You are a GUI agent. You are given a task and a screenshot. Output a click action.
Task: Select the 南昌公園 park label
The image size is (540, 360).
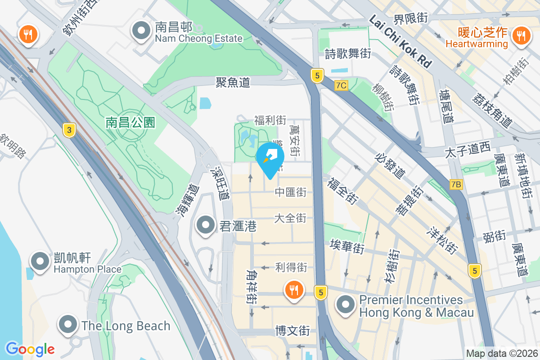[x=130, y=122]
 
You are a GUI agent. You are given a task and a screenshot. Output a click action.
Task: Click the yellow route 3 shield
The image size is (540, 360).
[x=69, y=130]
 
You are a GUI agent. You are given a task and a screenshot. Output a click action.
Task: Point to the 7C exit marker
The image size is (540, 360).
[x=342, y=85]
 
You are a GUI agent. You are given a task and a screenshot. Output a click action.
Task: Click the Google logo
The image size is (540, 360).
[x=30, y=349]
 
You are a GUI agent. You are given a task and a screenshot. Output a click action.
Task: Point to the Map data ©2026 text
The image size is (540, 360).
[x=501, y=353]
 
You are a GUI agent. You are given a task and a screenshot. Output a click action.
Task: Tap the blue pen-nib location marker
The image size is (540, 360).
[x=270, y=158]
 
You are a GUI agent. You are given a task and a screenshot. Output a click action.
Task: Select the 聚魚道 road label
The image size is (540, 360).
[x=233, y=82]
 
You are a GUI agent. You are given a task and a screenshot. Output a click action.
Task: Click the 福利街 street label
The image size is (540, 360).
[x=270, y=120]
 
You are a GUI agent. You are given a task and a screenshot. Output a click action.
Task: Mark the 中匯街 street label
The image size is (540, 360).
[x=291, y=193]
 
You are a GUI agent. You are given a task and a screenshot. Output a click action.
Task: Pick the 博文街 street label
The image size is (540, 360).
[x=292, y=331]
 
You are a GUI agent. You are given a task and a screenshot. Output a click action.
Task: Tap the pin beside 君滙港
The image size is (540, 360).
[x=206, y=225]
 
